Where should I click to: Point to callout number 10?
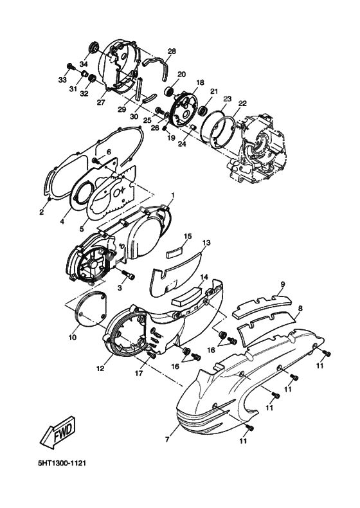coord(72,336)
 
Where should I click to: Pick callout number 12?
coord(100,369)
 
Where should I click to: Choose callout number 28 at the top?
coord(172,51)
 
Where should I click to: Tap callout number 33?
coord(63,79)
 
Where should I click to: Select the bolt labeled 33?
coord(69,66)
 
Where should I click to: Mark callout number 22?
coord(242,103)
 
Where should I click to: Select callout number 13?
coord(208,243)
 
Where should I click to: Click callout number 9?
coord(282,284)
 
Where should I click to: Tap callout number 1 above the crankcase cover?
coord(172,194)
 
